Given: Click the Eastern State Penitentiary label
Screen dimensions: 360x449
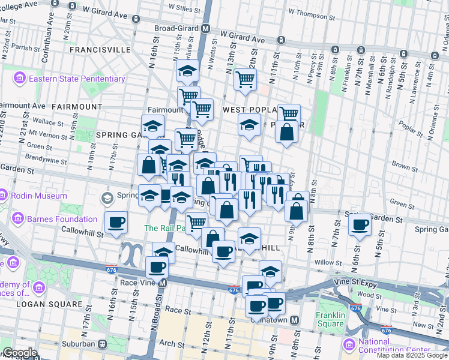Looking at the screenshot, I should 77,79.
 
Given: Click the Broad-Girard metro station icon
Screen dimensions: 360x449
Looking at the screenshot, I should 205,28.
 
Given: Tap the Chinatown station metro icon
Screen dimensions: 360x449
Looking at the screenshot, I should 294,320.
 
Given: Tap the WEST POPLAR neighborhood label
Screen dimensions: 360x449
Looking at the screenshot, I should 248,110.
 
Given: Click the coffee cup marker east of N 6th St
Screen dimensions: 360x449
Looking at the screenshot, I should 360,225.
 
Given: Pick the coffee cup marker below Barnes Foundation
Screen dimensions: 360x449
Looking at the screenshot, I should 116,222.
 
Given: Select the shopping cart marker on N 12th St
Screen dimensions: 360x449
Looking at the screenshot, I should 245,79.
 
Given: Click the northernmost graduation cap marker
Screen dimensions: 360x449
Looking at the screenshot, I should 187,71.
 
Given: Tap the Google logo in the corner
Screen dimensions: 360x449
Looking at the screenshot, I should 19,353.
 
